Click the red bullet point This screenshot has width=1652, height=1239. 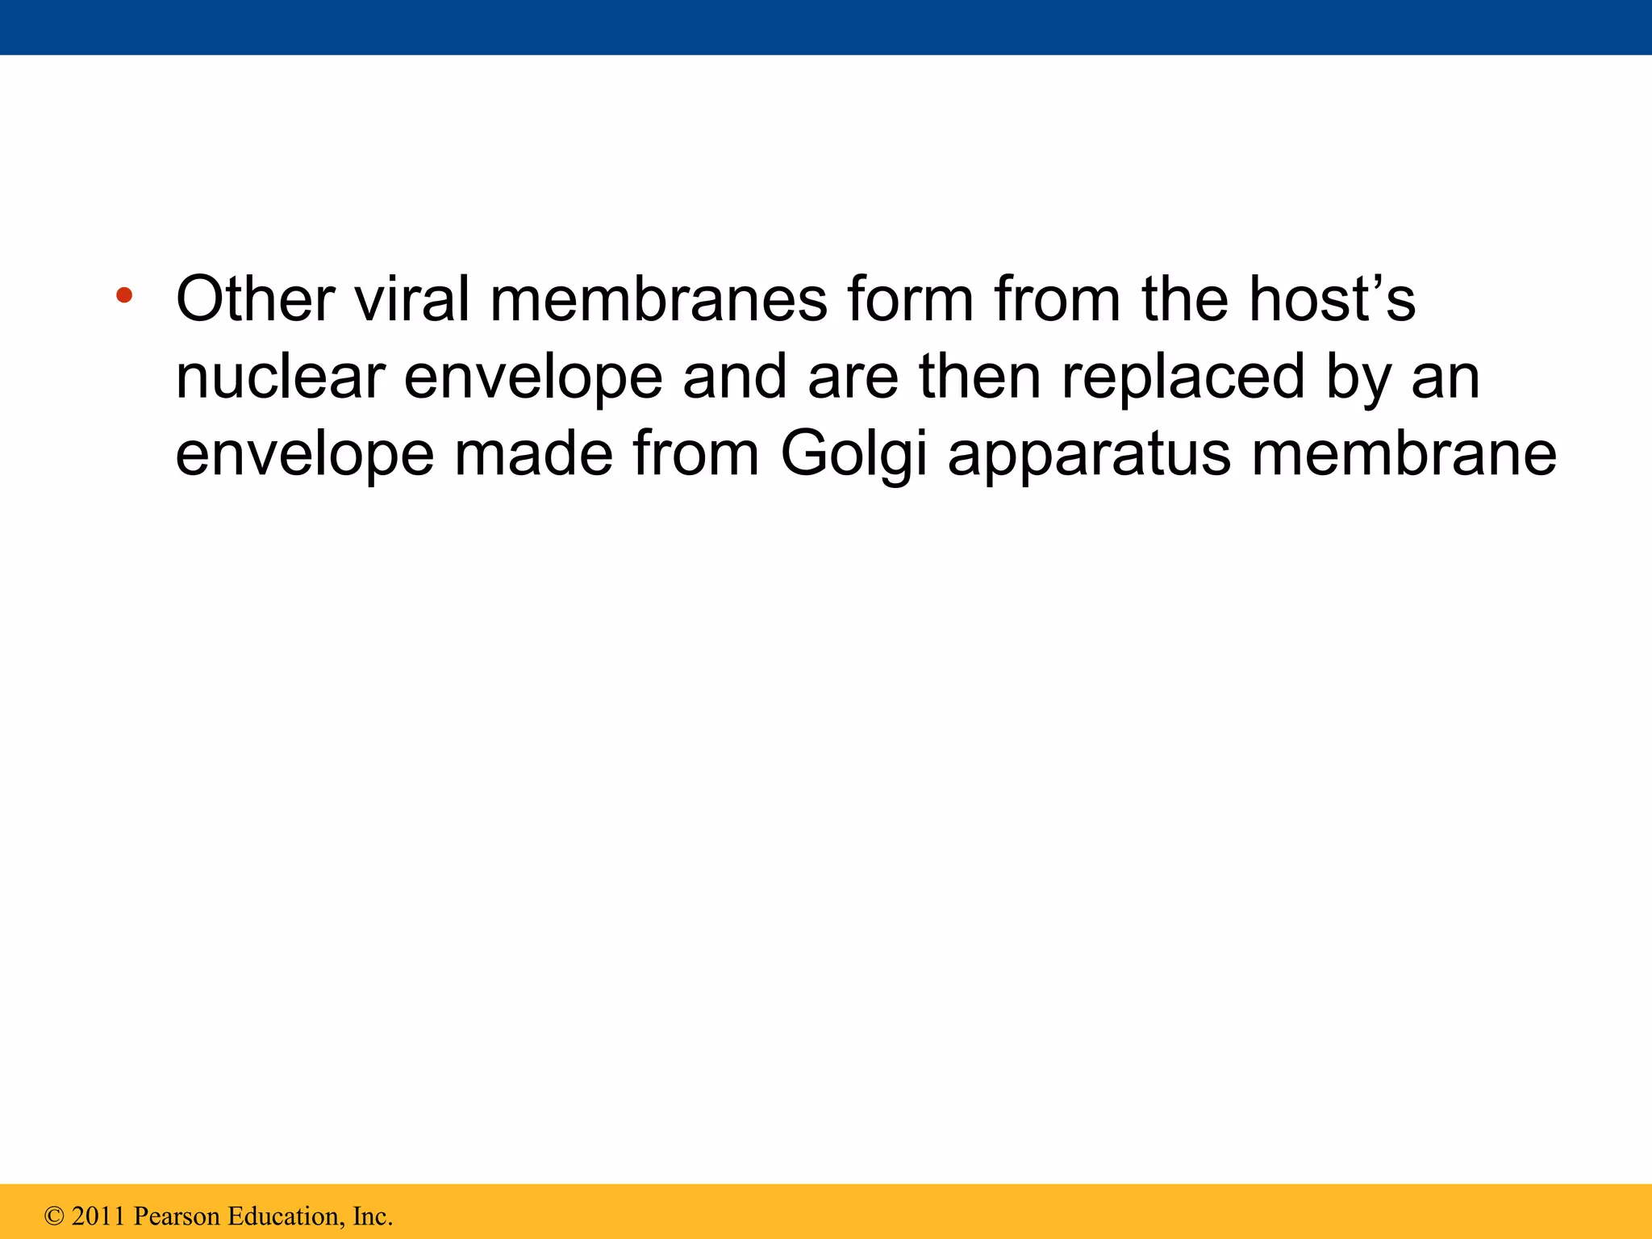(x=123, y=295)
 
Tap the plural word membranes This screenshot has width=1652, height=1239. (x=658, y=299)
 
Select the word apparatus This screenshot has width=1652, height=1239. (x=1089, y=457)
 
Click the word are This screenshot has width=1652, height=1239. (x=853, y=379)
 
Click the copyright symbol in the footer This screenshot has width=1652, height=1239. (x=55, y=1216)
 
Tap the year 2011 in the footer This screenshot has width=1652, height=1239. (x=98, y=1216)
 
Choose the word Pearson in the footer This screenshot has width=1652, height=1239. (x=177, y=1216)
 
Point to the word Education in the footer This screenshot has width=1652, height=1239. (x=286, y=1216)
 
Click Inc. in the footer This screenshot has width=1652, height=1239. (x=373, y=1216)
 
